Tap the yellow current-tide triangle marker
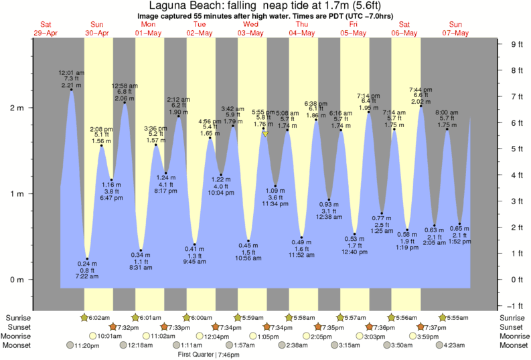265,134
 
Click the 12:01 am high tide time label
71,72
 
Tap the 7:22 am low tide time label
87,276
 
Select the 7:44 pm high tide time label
421,90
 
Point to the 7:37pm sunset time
437,327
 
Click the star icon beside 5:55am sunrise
442,317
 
